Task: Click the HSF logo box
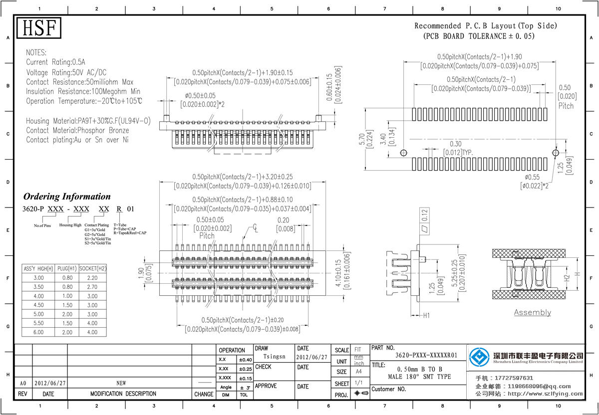click(39, 28)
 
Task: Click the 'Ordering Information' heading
click(67, 197)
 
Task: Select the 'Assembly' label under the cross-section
click(533, 313)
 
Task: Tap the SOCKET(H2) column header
click(92, 268)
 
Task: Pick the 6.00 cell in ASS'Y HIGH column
click(38, 332)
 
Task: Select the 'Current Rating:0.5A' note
click(55, 62)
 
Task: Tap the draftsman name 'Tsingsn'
click(274, 357)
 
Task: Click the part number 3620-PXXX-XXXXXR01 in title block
click(426, 356)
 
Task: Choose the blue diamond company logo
click(479, 356)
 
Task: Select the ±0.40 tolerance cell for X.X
click(245, 360)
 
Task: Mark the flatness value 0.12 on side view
click(425, 215)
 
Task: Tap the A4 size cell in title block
click(358, 372)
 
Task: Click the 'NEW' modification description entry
click(121, 383)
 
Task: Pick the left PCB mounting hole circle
click(404, 153)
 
